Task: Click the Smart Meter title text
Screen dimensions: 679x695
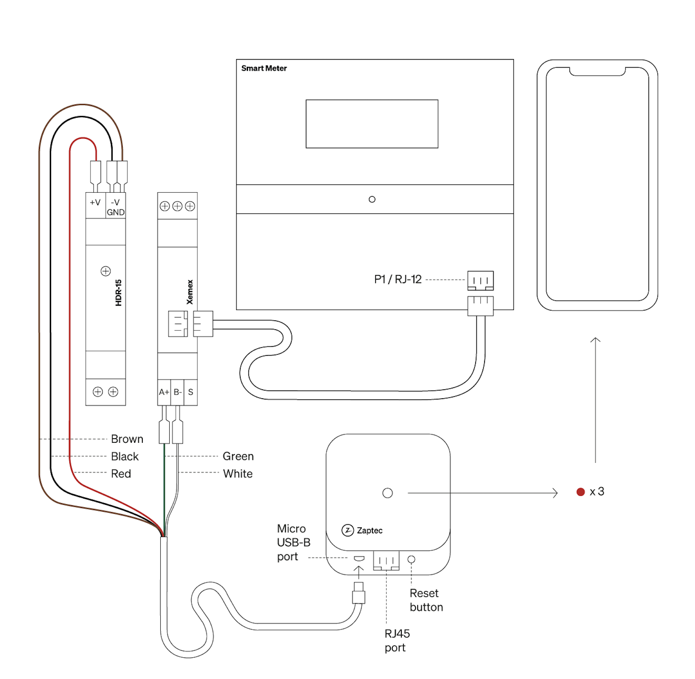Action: (263, 68)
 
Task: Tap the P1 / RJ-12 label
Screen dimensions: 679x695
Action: (398, 280)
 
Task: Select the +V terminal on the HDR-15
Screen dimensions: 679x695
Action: (95, 202)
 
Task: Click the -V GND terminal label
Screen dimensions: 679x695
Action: (115, 207)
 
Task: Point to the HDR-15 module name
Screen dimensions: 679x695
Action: (119, 293)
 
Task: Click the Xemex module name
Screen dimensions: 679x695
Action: (190, 292)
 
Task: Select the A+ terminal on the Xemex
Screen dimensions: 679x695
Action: (164, 392)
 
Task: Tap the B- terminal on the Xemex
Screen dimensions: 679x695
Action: (177, 392)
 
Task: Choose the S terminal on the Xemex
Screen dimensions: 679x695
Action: (190, 392)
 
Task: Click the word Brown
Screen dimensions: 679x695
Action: (127, 439)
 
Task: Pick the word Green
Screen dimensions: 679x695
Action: (238, 456)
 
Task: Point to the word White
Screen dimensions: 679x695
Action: (238, 474)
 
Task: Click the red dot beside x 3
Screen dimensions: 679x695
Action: (581, 492)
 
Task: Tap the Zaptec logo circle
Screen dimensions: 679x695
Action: (347, 530)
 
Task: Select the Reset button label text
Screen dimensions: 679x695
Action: (426, 600)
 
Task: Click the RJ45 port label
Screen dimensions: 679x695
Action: (397, 641)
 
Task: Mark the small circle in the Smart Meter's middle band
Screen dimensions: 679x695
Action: (372, 200)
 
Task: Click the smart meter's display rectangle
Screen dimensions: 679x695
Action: (372, 124)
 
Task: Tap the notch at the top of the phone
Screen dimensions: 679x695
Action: (597, 72)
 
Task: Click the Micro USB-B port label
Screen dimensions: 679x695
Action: (293, 543)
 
